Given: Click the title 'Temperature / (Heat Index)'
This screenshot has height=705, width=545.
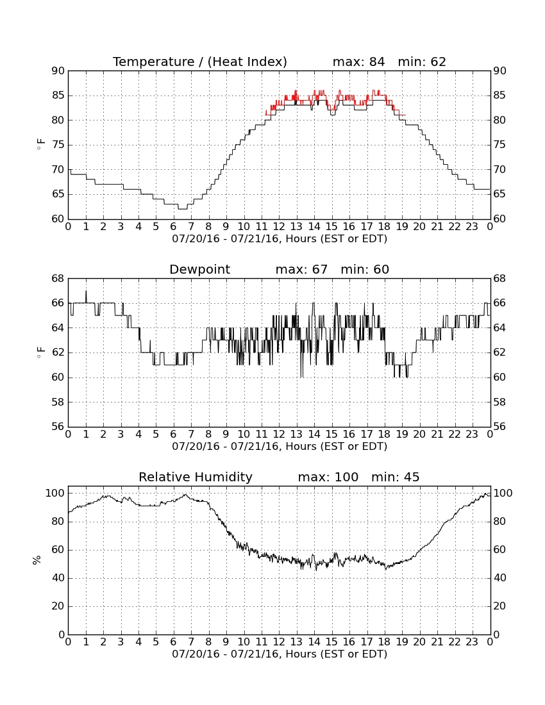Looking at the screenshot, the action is click(199, 62).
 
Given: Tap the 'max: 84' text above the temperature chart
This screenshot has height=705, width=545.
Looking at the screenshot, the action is click(358, 62).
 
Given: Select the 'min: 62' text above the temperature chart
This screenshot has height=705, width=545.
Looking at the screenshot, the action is click(422, 62).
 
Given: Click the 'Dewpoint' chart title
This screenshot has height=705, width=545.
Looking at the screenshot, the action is click(199, 270).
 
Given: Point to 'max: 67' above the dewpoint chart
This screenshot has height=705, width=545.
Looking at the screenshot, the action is click(301, 270).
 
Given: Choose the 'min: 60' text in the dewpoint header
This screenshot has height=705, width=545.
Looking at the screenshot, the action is click(365, 270).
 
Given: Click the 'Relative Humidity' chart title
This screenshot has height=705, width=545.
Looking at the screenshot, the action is click(196, 477).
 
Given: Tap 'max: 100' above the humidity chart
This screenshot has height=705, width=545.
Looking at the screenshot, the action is click(328, 477).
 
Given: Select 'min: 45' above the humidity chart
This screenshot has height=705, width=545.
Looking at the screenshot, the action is click(395, 477).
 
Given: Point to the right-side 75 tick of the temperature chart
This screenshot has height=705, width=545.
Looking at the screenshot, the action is click(499, 145).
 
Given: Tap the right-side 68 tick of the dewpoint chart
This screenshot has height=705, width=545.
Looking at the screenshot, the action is click(499, 279).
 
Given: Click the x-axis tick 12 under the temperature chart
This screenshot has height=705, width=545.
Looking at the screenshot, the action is click(279, 227).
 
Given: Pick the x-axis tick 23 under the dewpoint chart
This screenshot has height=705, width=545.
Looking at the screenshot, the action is click(472, 435).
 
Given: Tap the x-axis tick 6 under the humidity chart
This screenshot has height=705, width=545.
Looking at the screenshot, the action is click(173, 642).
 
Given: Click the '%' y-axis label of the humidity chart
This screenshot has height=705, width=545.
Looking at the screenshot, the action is click(37, 560).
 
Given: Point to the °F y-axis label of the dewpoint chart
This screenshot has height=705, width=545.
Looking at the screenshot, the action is click(40, 352).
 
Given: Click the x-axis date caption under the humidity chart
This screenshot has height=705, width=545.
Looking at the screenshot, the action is click(280, 654).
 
